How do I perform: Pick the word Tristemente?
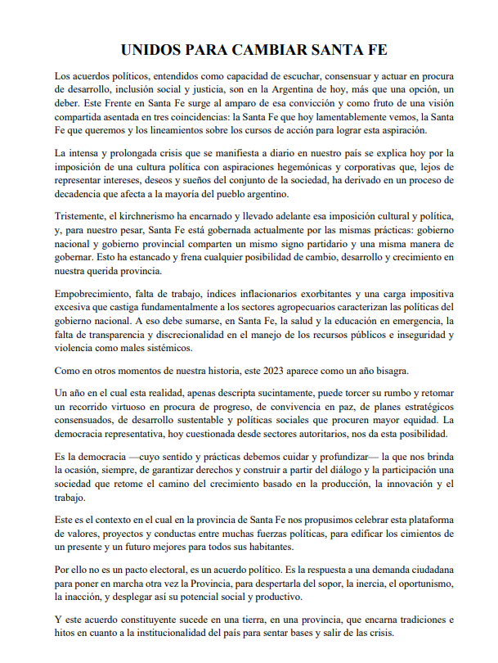83,215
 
